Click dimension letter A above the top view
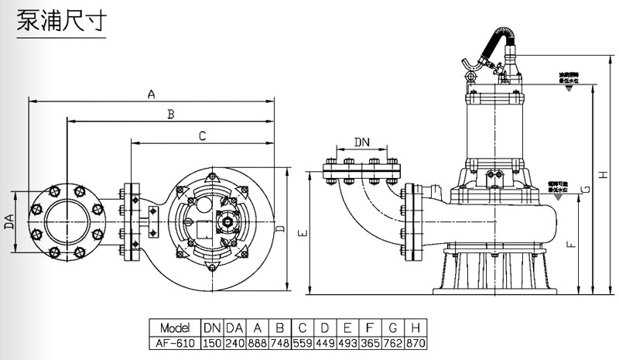click(x=152, y=94)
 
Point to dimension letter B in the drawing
click(x=170, y=115)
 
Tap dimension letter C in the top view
click(x=201, y=136)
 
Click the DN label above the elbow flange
click(x=361, y=142)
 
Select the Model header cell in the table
click(x=174, y=327)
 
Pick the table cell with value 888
click(x=258, y=341)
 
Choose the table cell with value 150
click(x=211, y=341)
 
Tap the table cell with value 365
click(x=370, y=341)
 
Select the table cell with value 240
click(x=235, y=341)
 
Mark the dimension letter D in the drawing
click(x=280, y=230)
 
